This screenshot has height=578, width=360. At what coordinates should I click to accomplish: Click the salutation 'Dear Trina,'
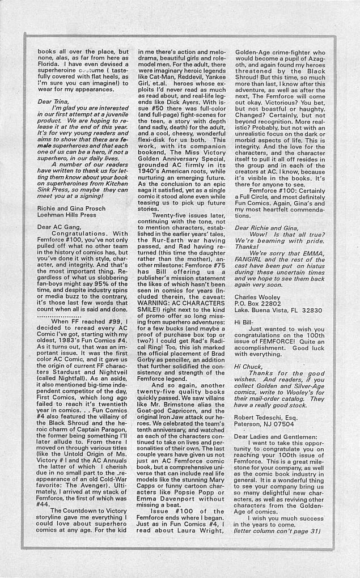tap(52, 102)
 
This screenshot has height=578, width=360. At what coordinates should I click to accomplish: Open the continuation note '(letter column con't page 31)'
tap(277, 531)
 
